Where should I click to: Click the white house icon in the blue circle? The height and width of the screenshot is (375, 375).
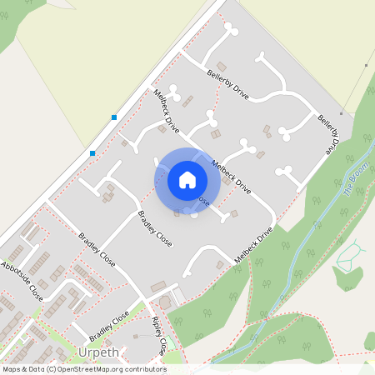(187, 179)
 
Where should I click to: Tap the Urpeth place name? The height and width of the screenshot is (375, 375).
(99, 352)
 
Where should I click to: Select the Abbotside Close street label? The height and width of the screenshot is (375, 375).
(22, 281)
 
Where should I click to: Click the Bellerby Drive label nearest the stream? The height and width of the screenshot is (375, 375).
(329, 131)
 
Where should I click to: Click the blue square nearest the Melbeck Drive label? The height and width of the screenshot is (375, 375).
(113, 117)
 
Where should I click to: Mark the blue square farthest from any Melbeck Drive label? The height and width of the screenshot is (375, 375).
(92, 153)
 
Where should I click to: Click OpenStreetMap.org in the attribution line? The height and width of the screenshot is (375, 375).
(87, 368)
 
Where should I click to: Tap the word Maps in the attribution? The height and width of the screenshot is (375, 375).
(12, 368)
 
